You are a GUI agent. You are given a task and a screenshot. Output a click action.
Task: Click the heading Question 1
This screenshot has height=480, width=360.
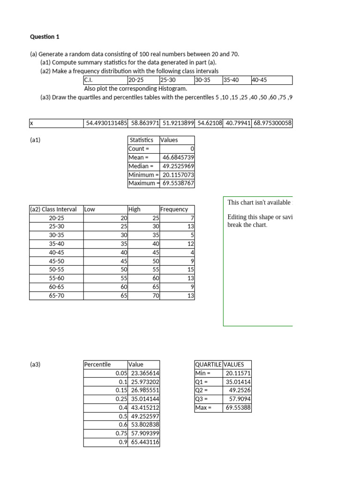click(45, 37)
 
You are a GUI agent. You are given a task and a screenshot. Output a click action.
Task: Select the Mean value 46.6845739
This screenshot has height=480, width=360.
click(178, 157)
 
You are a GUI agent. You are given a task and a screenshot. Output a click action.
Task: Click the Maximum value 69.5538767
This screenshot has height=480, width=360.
click(178, 183)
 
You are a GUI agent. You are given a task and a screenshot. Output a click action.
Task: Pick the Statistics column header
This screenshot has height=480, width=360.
click(141, 140)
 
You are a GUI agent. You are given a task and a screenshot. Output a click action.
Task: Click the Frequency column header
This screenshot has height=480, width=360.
click(174, 210)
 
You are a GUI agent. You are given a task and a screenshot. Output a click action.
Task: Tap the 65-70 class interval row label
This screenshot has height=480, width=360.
click(56, 296)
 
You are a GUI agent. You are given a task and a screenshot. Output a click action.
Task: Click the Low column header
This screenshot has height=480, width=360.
click(90, 210)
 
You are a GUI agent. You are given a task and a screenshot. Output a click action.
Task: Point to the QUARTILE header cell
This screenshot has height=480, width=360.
click(208, 364)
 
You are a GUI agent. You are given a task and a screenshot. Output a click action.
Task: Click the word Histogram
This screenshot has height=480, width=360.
click(173, 88)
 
